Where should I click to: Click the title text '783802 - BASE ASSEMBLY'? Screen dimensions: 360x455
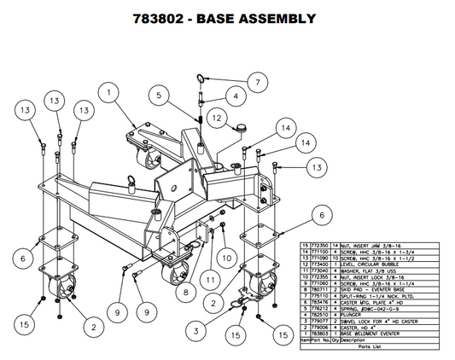pos(226,17)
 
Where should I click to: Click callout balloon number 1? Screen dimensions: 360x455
pos(111,88)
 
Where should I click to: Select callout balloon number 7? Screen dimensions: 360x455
pos(254,83)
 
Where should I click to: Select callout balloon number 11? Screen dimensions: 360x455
pos(207,276)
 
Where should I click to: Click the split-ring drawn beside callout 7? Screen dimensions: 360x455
pos(200,80)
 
